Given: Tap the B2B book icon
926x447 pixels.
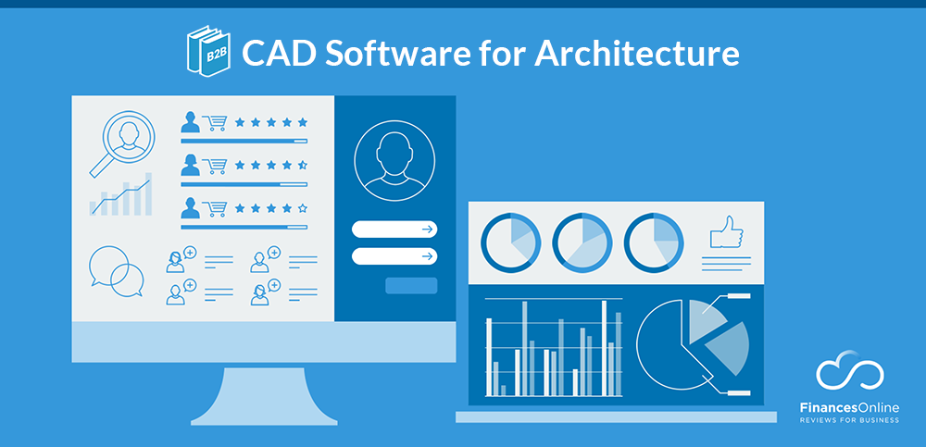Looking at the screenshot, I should (208, 50).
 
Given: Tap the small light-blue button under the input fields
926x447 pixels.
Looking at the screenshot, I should (410, 285).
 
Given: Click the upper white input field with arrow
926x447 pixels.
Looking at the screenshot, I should (394, 230).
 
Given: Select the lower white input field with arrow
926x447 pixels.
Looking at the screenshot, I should (394, 256).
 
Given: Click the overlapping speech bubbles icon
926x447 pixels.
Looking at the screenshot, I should (117, 270).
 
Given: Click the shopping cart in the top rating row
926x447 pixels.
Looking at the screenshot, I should (216, 122).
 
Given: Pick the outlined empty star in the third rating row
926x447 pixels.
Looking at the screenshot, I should (302, 208).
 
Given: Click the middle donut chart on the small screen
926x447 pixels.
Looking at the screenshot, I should (582, 243).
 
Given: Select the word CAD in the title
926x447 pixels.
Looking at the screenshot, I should (269, 54).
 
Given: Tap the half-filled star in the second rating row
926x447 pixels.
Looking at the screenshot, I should (302, 166).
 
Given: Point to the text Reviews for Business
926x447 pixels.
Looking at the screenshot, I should (849, 419).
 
